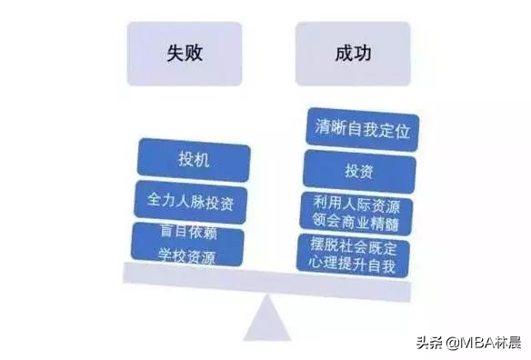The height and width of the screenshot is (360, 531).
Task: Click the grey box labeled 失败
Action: [185, 54]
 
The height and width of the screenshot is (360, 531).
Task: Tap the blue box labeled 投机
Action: [193, 160]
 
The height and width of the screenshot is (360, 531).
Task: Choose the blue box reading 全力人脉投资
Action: [191, 200]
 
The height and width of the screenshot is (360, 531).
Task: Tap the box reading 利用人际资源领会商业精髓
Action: [356, 213]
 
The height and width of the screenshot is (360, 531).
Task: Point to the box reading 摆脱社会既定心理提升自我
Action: [356, 256]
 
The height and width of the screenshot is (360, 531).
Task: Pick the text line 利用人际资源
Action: [356, 204]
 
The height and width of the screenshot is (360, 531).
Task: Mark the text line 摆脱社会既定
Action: [356, 246]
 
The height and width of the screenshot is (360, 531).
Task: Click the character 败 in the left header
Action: [194, 54]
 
